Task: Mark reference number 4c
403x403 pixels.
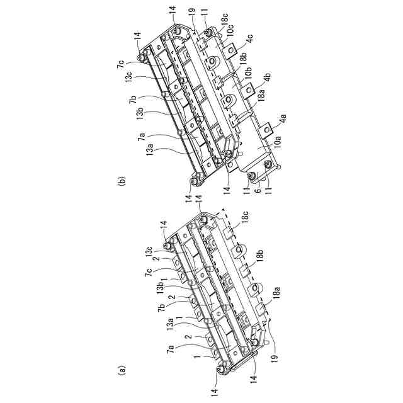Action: tap(251, 39)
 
